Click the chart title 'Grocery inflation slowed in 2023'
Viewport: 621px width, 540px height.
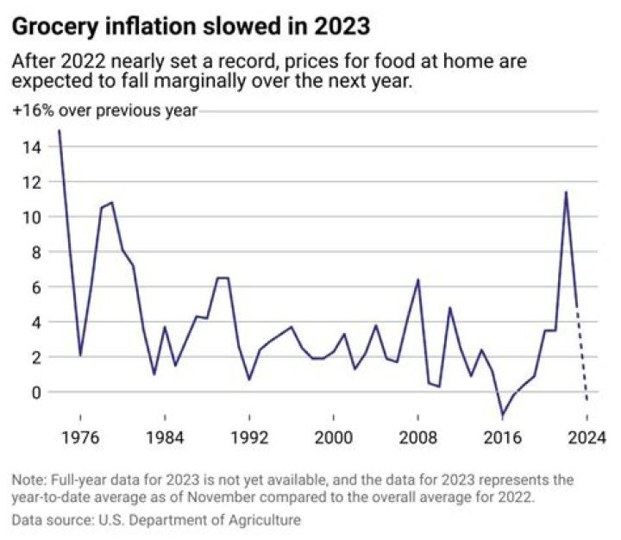(x=191, y=27)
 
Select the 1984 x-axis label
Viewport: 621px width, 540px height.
(x=164, y=436)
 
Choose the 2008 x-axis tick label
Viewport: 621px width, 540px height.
(x=417, y=436)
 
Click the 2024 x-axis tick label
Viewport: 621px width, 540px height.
(x=586, y=436)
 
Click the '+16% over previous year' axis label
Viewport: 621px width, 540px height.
(x=104, y=110)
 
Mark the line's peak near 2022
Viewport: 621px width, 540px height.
(x=566, y=192)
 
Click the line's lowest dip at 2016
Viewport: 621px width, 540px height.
(x=502, y=415)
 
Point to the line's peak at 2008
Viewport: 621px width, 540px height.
(x=417, y=279)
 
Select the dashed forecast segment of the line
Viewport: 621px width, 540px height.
(x=582, y=354)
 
